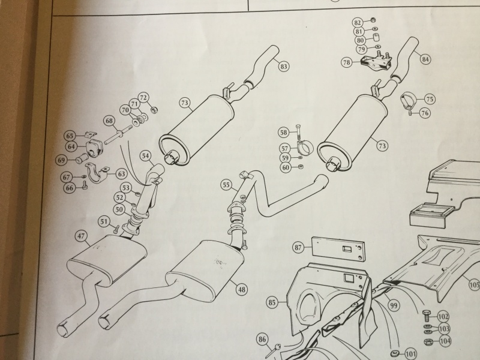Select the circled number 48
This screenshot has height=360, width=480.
click(242, 289)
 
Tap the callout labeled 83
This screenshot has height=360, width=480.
click(283, 67)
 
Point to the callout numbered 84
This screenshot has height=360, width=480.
click(425, 59)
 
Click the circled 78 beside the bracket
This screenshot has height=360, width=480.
click(347, 62)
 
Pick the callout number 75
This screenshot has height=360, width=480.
click(430, 98)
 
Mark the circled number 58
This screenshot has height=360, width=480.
click(284, 132)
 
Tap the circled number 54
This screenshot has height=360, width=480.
click(145, 156)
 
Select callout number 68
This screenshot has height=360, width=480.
click(109, 121)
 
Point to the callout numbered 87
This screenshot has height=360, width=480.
click(298, 247)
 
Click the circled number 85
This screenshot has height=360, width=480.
click(273, 303)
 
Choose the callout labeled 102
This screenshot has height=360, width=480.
click(443, 316)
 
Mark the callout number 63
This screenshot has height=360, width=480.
click(122, 174)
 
